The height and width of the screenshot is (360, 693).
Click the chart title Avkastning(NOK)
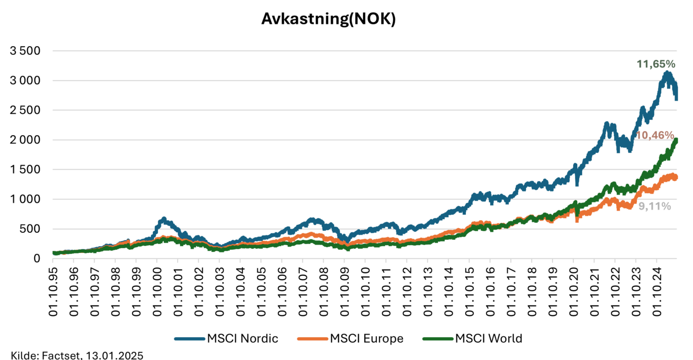(329, 19)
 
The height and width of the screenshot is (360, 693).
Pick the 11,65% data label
(656, 64)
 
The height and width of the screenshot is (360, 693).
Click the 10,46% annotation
(655, 135)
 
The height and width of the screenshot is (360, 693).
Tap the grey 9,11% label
(654, 206)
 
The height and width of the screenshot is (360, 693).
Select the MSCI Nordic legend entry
(226, 339)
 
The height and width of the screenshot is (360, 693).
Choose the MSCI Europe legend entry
(350, 339)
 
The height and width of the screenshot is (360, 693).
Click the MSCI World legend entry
(473, 339)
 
